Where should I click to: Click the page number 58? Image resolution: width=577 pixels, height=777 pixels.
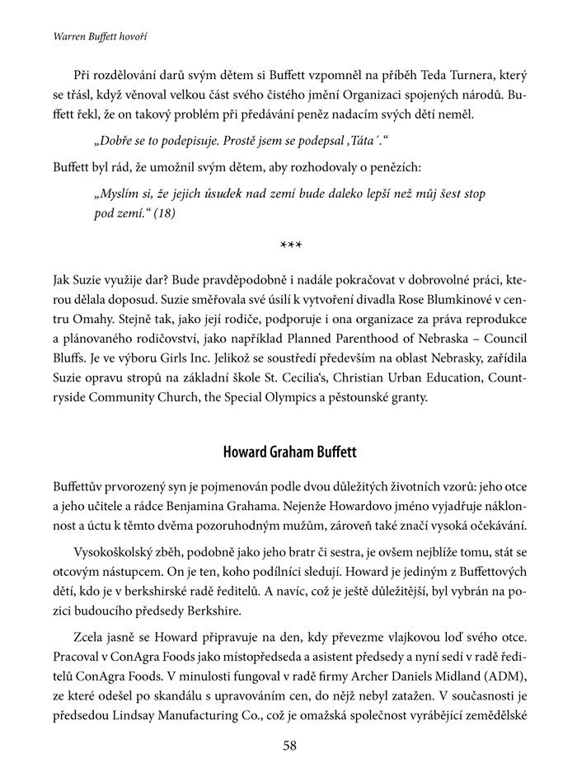[288, 746]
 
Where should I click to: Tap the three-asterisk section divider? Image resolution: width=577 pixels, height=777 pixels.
[288, 246]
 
